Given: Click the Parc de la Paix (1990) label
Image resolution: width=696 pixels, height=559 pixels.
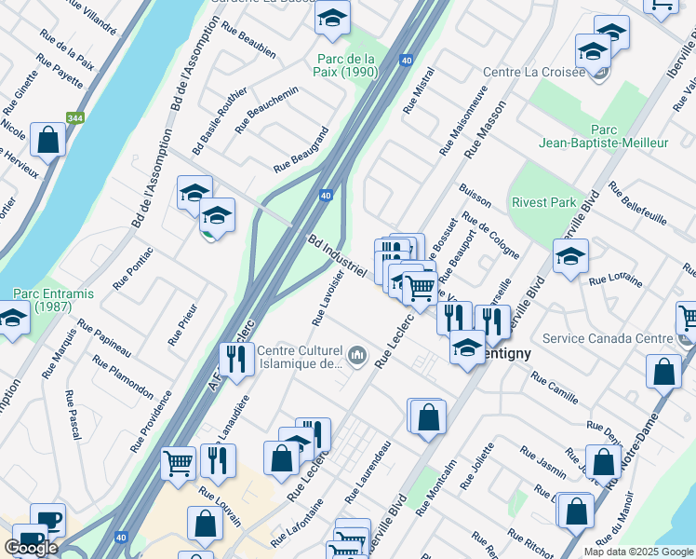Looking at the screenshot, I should pos(346,64).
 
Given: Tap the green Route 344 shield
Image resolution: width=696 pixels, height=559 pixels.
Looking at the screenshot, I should pos(75,118).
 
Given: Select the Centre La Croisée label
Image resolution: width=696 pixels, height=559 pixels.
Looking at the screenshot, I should pos(532,73).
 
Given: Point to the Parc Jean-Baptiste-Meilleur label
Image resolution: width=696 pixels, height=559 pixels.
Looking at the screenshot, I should pos(603,136).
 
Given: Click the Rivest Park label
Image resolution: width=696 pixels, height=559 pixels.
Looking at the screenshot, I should pos(543,201).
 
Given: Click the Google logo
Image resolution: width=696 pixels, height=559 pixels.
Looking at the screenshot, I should pos(31,548).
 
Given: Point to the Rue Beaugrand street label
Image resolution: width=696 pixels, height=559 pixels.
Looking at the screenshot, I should pos(302,149).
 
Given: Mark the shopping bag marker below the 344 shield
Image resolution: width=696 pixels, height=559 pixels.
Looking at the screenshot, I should pos(47,141).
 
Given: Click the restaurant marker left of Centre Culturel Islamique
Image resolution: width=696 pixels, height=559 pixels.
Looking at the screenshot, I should pos(233,359).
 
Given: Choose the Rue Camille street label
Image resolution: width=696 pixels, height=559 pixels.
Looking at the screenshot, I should pos(555,389).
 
